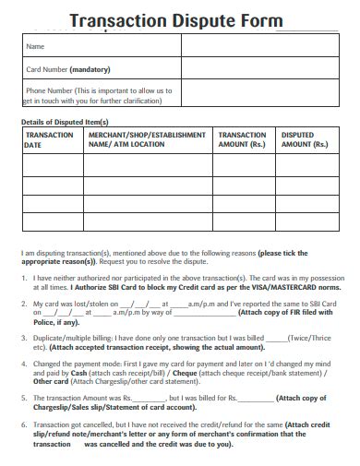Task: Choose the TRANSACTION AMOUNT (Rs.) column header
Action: pyautogui.click(x=243, y=140)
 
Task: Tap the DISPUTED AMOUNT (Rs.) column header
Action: pyautogui.click(x=304, y=140)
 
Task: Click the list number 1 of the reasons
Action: pyautogui.click(x=25, y=277)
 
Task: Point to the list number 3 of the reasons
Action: pyautogui.click(x=25, y=339)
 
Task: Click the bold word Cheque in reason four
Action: pyautogui.click(x=170, y=373)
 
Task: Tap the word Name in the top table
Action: pyautogui.click(x=36, y=46)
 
